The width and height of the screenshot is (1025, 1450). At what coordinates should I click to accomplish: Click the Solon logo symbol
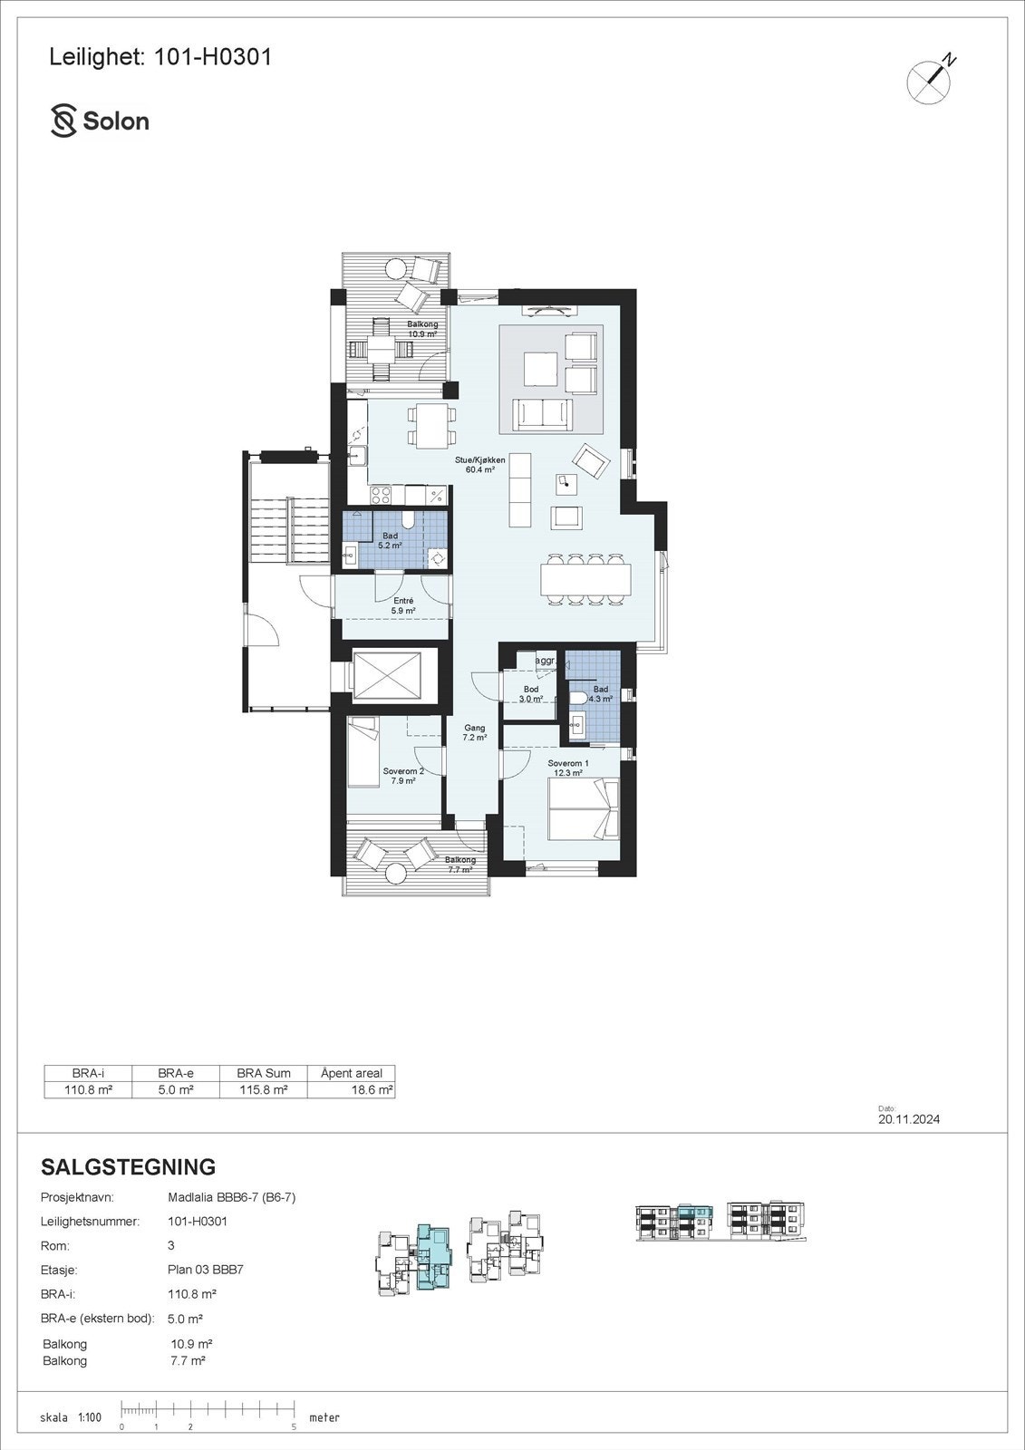click(x=63, y=121)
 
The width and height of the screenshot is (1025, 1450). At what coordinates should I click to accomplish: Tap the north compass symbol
click(x=930, y=82)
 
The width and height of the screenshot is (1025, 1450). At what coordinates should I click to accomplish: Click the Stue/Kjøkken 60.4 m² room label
click(x=479, y=465)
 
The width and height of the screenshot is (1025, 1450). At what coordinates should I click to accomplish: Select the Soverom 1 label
click(x=568, y=768)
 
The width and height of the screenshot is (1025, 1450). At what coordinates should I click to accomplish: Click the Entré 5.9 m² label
click(x=403, y=605)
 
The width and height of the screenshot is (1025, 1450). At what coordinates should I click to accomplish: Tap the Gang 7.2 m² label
click(x=475, y=732)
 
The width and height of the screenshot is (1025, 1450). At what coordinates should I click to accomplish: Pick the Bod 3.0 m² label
click(x=531, y=694)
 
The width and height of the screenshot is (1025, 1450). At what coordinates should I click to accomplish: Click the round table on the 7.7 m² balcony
click(x=396, y=874)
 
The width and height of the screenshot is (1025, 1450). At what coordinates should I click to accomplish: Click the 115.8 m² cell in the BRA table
click(x=263, y=1090)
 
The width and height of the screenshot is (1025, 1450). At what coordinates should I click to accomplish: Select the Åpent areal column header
click(x=352, y=1073)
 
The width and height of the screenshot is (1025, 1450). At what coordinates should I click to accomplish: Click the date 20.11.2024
click(x=908, y=1119)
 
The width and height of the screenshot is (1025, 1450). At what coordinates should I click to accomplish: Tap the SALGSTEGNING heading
click(x=128, y=1166)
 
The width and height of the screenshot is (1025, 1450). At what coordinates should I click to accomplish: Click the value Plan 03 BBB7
click(x=206, y=1270)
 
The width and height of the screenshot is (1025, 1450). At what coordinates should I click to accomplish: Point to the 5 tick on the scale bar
click(x=294, y=1426)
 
